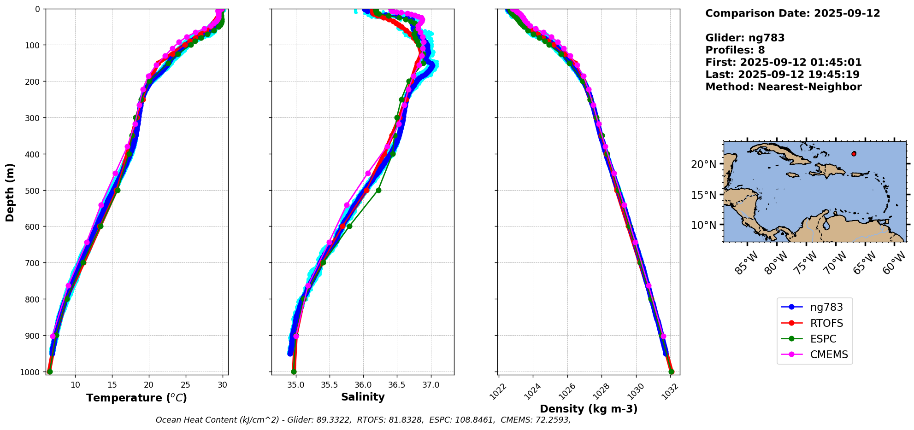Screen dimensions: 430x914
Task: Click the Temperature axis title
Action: tap(136, 398)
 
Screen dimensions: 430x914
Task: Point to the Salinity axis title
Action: tap(363, 397)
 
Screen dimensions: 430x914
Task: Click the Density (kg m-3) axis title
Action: tap(589, 409)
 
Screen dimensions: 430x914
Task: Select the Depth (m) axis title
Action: tap(10, 192)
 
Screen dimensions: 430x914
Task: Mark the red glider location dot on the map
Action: tap(854, 154)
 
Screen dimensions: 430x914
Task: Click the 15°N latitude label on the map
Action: tap(704, 195)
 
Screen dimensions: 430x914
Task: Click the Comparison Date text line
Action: tap(792, 13)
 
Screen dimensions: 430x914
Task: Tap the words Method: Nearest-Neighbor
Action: tap(783, 87)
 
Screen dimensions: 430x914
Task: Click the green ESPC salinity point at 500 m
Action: tap(378, 190)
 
